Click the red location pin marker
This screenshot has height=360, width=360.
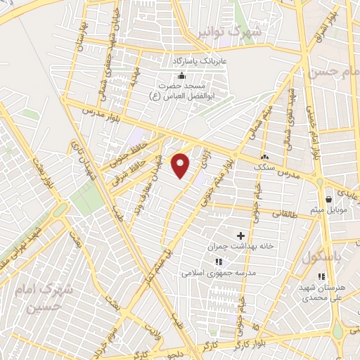point(181,165)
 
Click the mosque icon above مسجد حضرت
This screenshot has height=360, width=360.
point(182,75)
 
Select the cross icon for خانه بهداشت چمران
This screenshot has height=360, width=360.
point(241,236)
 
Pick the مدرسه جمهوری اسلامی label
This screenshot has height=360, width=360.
point(213,274)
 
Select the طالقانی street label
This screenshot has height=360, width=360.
point(302,209)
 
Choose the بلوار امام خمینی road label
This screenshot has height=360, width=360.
point(310,127)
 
